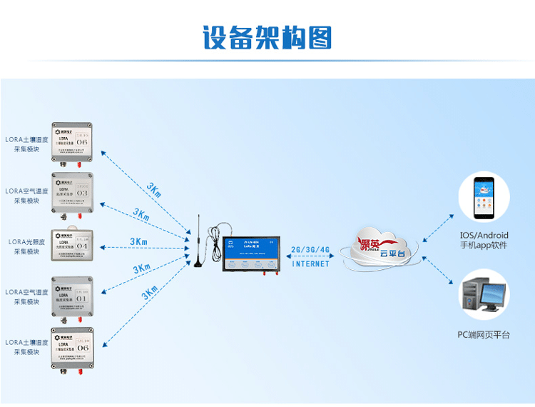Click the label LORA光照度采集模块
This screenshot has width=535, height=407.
coord(27,246)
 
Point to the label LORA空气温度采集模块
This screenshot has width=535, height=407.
coord(27,196)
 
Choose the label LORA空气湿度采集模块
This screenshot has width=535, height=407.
coord(27,297)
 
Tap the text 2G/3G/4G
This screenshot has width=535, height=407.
coord(311,250)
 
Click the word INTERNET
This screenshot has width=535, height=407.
coord(311,263)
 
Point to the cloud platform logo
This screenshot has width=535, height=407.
coord(378,247)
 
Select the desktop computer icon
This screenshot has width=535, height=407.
coord(483,293)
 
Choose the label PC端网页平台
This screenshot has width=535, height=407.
coord(484,334)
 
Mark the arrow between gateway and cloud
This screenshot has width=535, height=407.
coord(310,256)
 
